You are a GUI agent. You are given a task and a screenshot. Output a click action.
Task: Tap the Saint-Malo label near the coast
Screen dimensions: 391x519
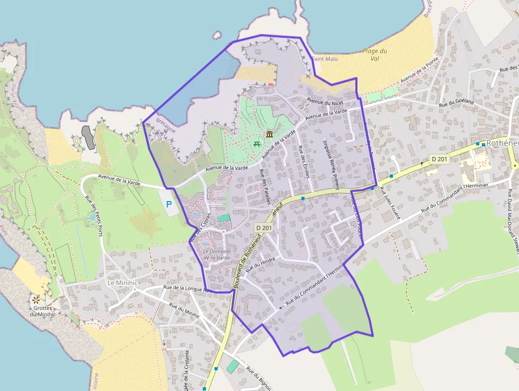tap(325, 59)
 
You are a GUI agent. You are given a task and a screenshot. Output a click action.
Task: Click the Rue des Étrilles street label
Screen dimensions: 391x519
tap(303, 161)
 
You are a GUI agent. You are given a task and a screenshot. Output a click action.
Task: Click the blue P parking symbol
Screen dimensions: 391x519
tap(169, 204)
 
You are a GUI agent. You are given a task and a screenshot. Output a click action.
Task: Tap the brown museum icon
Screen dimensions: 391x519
tap(270, 134)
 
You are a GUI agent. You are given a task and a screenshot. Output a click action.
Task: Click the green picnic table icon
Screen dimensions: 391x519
tap(257, 143)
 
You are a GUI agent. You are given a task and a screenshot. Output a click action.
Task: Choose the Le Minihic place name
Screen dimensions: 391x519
tap(122, 282)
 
